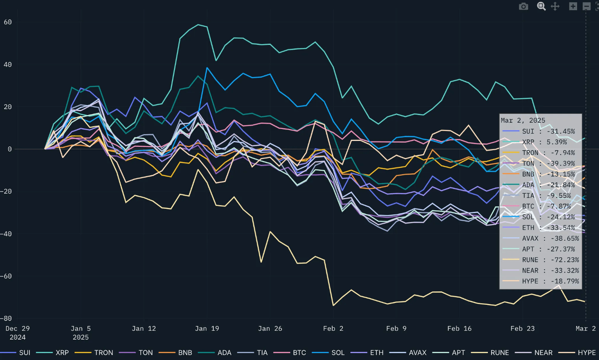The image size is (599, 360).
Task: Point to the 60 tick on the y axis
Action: coord(8,22)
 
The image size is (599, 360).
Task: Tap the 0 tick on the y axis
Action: coord(9,149)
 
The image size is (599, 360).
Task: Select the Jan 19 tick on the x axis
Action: coord(207,329)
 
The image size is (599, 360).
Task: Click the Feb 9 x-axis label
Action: coord(396,329)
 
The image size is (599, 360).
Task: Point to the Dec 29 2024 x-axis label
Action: coord(17,333)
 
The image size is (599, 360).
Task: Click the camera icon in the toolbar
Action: coord(523,6)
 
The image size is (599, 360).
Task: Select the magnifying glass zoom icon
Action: coord(541,6)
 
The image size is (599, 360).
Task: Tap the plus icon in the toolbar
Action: coord(573,6)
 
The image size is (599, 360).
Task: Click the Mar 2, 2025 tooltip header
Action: coord(523,121)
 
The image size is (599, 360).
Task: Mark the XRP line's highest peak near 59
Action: coord(198,24)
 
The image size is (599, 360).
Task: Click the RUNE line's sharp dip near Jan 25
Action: coord(261,262)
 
